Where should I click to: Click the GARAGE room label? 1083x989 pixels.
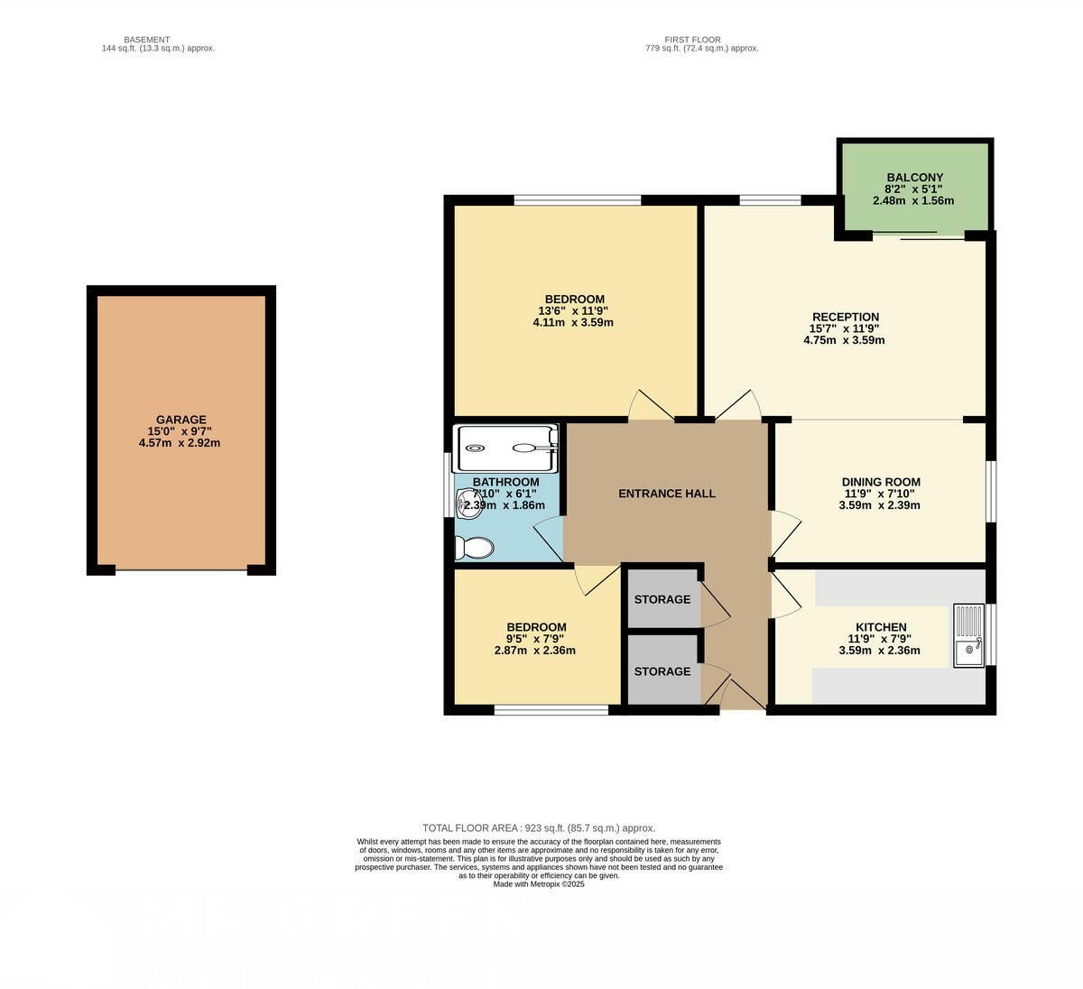[x=180, y=420]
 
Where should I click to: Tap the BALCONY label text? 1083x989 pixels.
[x=914, y=178]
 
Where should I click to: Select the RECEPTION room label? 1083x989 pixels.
[x=845, y=317]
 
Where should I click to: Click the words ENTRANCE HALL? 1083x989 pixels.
[x=666, y=494]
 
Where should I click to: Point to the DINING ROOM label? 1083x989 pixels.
[x=880, y=482]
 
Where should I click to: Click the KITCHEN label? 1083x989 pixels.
[x=881, y=627]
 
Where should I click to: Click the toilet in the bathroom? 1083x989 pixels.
[x=475, y=548]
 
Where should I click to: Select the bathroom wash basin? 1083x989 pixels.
[x=468, y=504]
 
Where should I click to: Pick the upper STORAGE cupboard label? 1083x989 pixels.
[x=662, y=599]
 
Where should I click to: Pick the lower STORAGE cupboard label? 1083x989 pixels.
[x=662, y=671]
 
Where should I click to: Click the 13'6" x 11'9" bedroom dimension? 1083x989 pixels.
[x=574, y=310]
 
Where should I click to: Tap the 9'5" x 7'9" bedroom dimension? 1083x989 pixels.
[x=536, y=639]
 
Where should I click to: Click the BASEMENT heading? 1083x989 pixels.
[x=146, y=40]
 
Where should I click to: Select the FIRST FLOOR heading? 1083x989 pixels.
[x=692, y=40]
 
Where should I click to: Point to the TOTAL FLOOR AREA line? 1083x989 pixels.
[x=539, y=827]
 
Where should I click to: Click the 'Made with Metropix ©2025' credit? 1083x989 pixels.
[x=539, y=884]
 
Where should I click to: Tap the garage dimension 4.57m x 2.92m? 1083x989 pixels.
[x=180, y=443]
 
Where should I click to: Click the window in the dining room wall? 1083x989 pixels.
[x=990, y=492]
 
